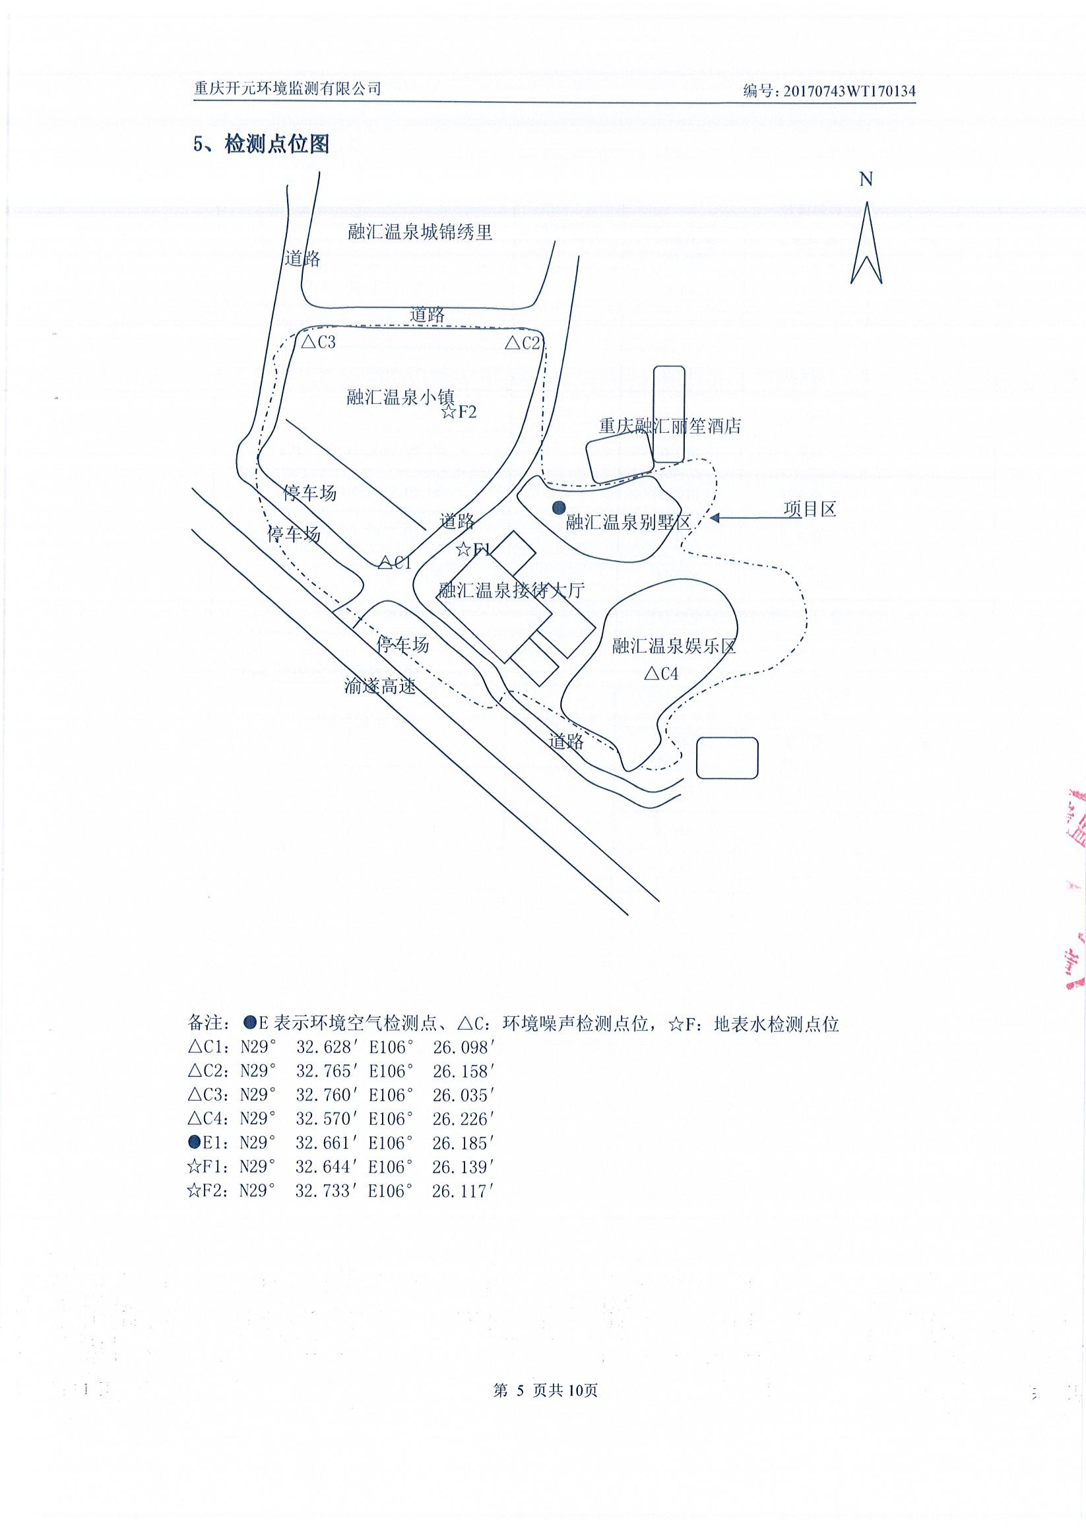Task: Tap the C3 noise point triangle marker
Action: pos(309,342)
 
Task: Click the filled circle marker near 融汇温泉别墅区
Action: pos(559,508)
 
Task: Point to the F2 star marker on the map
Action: pos(449,411)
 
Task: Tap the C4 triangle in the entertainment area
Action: pos(651,673)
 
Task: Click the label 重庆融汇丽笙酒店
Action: pos(670,426)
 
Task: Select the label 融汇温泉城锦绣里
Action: pos(420,232)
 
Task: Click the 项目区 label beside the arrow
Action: pos(810,509)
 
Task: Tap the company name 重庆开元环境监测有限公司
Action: pos(287,88)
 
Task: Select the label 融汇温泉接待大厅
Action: pos(511,591)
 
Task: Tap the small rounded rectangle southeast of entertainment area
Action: pos(727,757)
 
